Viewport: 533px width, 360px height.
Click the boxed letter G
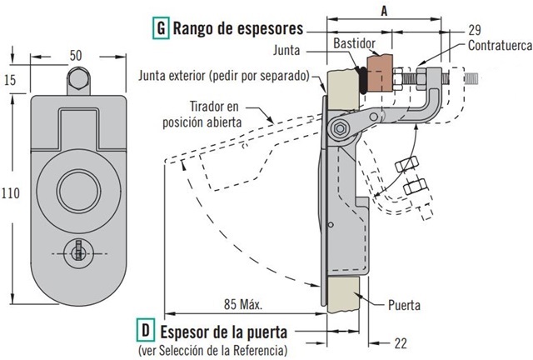pos(161,28)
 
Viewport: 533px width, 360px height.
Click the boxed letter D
pos(146,330)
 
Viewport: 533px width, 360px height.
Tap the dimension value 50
pos(76,56)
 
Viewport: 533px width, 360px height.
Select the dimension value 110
pos(11,193)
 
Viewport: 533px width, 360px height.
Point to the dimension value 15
pos(10,80)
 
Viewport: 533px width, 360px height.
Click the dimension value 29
pos(475,30)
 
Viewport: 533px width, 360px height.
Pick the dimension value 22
pos(401,343)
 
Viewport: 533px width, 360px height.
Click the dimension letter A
pos(384,11)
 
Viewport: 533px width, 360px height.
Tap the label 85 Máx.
pos(243,304)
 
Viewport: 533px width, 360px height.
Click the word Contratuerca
pos(500,45)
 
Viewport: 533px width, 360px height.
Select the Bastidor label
pos(354,43)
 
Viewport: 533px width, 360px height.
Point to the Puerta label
pos(404,305)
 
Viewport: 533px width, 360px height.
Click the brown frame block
pos(380,73)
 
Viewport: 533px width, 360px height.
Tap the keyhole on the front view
pos(78,253)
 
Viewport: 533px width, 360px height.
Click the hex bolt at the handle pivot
pos(339,128)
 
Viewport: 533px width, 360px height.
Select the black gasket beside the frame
pos(363,80)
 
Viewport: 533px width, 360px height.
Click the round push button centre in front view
pos(78,190)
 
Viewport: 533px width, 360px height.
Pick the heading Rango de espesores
pos(238,28)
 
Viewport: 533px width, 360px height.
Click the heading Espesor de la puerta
pos(224,332)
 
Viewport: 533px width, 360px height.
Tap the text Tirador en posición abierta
pos(202,114)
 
